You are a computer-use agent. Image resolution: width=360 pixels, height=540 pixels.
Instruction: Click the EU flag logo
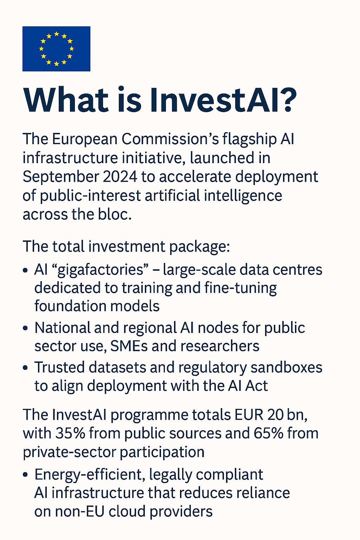coord(56,49)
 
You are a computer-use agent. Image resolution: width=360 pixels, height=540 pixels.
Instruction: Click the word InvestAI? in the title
coord(223,100)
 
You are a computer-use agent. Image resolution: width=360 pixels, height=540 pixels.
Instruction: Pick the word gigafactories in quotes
coord(101,270)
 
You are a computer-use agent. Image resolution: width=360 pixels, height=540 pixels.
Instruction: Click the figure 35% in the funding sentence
coord(70,433)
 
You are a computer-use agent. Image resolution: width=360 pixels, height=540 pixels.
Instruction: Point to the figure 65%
coord(268,433)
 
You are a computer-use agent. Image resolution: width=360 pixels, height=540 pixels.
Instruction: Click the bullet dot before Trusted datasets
coord(25,368)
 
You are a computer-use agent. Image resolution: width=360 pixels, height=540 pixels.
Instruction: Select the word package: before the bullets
coord(199,247)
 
